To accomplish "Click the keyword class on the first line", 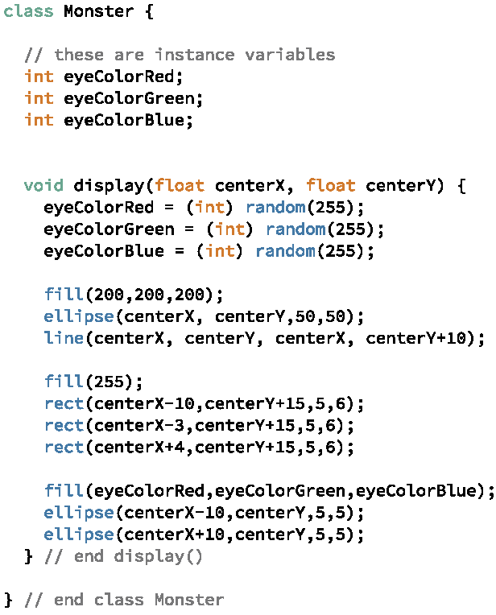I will pos(28,12).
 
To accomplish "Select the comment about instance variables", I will pos(180,55).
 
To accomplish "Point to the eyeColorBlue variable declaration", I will pos(109,120).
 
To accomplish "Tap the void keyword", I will pos(43,186).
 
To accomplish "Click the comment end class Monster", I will pos(124,600).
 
